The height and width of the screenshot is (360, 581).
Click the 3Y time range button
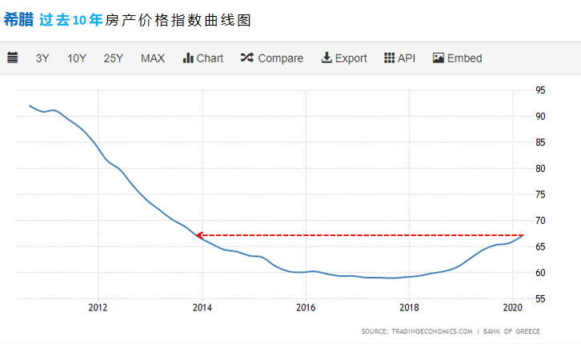(x=42, y=58)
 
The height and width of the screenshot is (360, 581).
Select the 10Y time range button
(x=77, y=58)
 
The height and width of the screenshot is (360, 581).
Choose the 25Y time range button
(x=113, y=58)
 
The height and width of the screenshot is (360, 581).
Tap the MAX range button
(x=153, y=58)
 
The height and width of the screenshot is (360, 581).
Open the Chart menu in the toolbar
(x=203, y=58)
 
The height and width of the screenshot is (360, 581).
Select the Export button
(x=344, y=58)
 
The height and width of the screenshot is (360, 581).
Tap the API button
(x=400, y=58)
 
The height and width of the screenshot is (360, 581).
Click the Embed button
(x=458, y=58)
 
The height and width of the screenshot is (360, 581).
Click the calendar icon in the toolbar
(x=13, y=58)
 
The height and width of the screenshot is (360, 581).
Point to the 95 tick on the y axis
(x=541, y=90)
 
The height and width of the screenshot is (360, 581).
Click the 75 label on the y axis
(x=541, y=194)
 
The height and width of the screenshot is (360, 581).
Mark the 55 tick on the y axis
(x=541, y=298)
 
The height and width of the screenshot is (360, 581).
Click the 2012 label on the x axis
(x=98, y=307)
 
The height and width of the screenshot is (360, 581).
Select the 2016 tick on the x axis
(x=305, y=307)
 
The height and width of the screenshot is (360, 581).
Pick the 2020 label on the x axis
(x=512, y=307)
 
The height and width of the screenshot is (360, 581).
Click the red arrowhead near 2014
(x=199, y=235)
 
